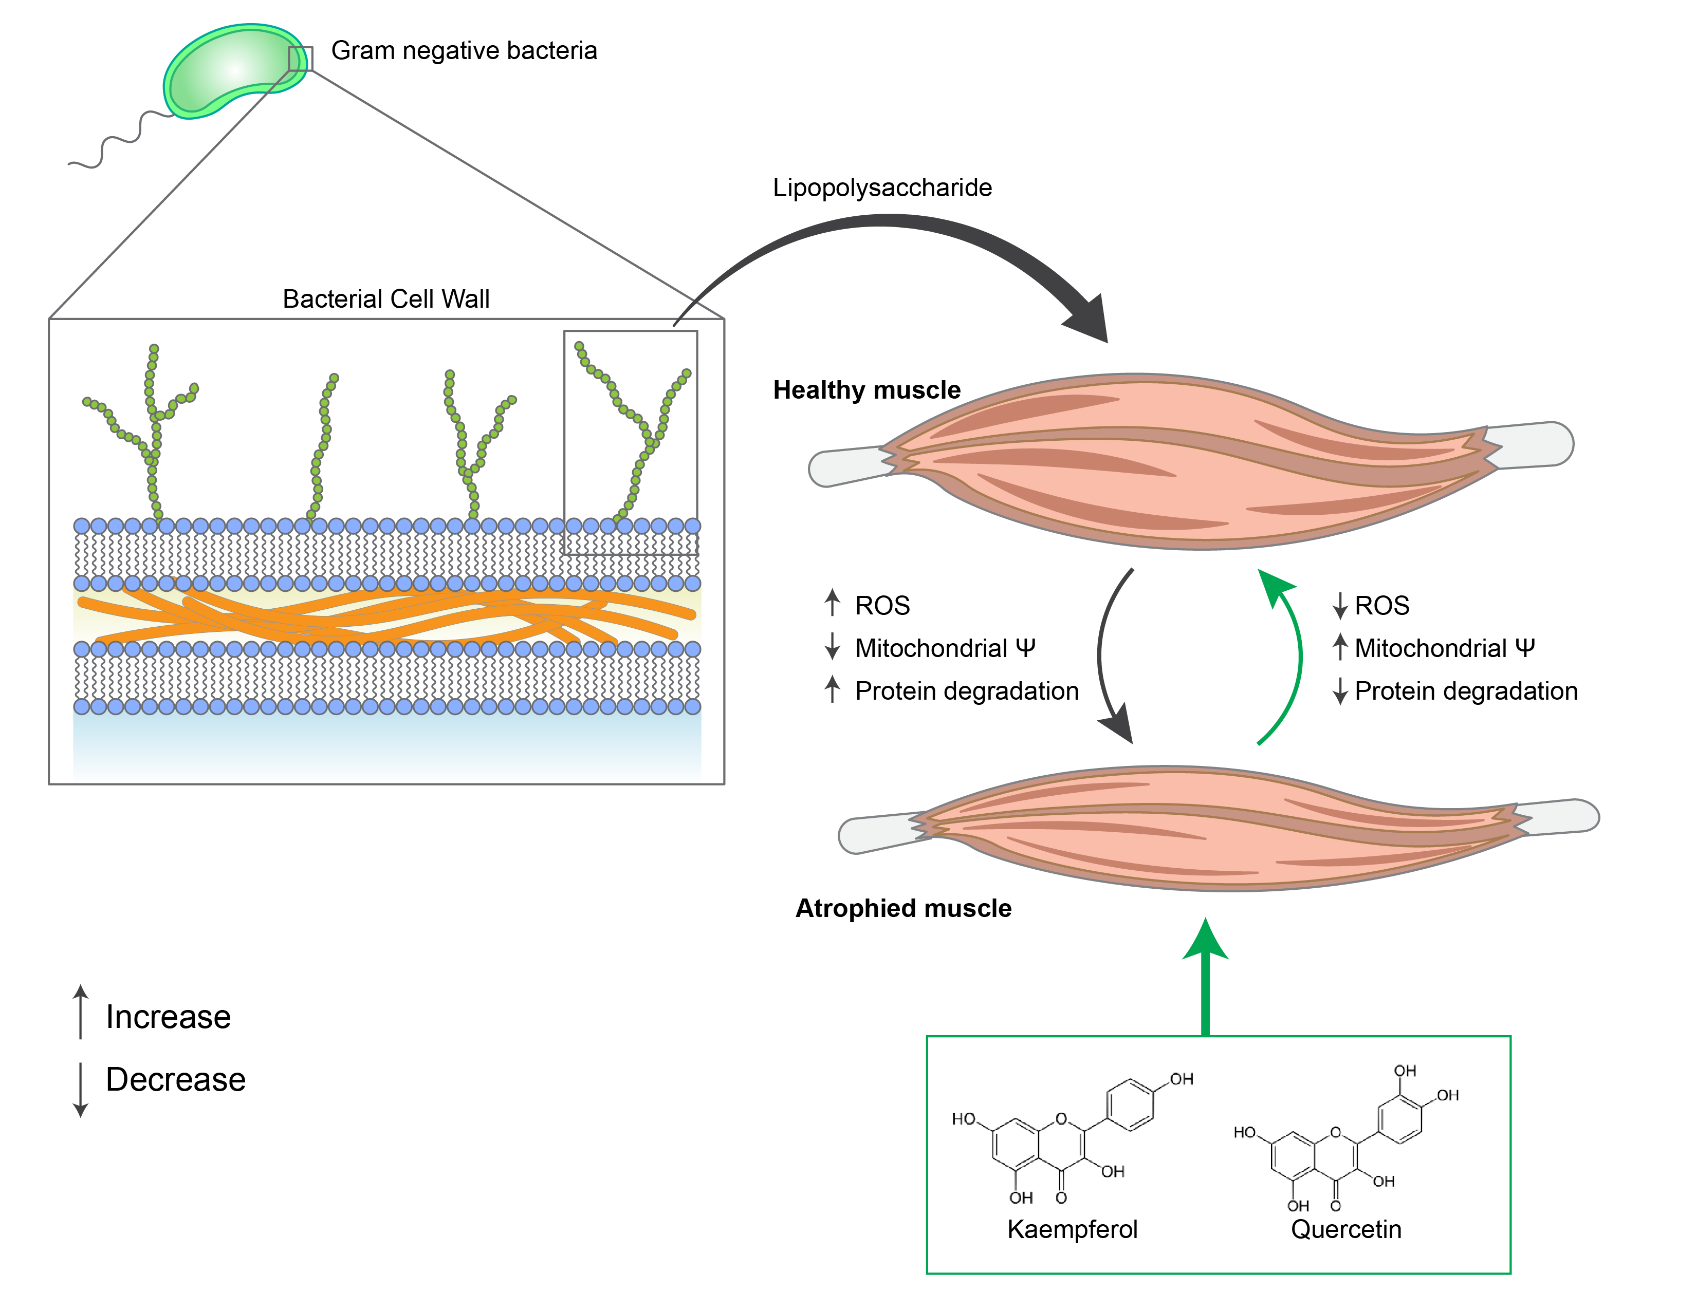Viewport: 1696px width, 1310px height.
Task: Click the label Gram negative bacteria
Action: [464, 50]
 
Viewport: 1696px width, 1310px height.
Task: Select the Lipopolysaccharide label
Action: [881, 188]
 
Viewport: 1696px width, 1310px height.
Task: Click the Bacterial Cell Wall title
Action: [386, 299]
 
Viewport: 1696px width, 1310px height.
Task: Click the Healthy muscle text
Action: [866, 389]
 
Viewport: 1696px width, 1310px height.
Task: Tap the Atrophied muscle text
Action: [902, 908]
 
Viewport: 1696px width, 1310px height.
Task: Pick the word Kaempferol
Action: [1072, 1229]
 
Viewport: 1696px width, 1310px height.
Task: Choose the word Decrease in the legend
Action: [175, 1079]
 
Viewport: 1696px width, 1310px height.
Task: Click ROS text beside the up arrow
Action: [882, 605]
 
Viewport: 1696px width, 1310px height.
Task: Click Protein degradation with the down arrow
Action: [1465, 690]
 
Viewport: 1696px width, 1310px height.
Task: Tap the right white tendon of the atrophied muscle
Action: [1561, 817]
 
